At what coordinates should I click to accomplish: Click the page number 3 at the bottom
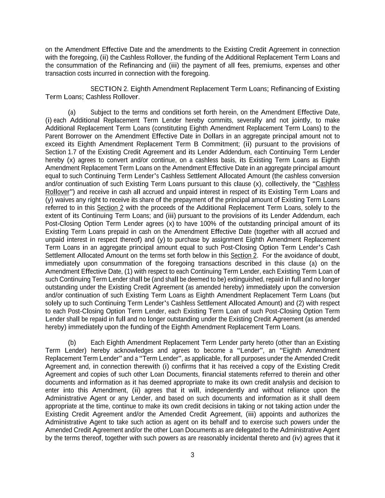(192, 455)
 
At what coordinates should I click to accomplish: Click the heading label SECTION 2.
(109, 89)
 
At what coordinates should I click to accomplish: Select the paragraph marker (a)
(72, 112)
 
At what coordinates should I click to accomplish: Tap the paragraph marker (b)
(72, 343)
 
